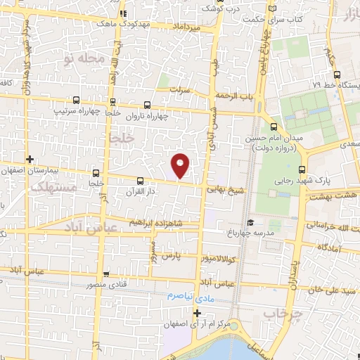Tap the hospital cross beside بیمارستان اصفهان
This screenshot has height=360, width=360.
coord(29,160)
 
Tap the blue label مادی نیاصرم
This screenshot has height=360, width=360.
coord(190,296)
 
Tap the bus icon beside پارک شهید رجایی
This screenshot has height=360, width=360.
coord(303,169)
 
